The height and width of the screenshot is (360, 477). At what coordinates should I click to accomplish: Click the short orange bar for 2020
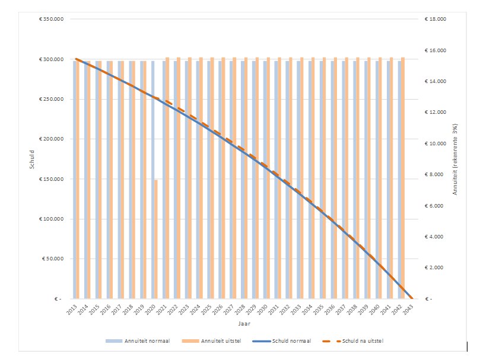tap(156, 239)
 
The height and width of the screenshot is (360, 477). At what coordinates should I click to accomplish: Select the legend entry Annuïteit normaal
tap(145, 341)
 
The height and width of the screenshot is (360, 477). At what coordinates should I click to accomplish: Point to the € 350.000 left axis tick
tap(51, 20)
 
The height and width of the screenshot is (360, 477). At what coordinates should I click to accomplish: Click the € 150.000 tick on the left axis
tap(51, 179)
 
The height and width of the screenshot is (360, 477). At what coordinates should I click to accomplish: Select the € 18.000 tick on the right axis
tap(435, 20)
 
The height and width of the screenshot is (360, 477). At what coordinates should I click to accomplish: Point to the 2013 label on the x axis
tap(72, 310)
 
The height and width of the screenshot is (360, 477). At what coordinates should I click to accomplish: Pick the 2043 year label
tap(408, 310)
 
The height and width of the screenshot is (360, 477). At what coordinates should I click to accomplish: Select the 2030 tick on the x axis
tap(262, 310)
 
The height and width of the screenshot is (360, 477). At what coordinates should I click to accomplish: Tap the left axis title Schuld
tap(33, 159)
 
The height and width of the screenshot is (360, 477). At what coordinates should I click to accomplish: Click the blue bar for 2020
tap(152, 178)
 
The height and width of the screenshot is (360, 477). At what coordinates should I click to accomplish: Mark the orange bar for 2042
tap(403, 178)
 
